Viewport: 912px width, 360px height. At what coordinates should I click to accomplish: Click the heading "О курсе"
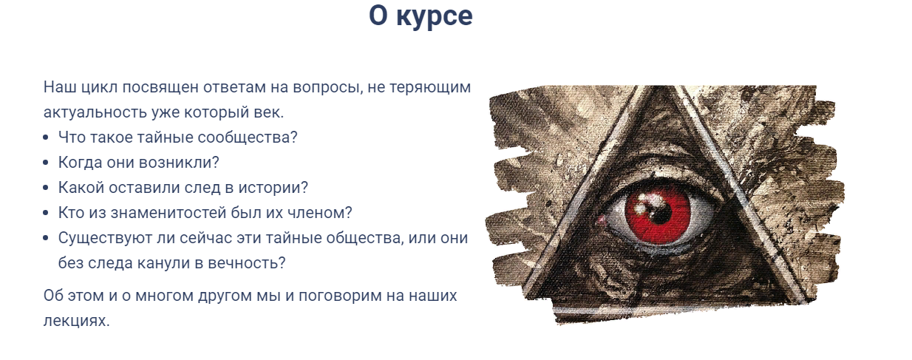coord(421,16)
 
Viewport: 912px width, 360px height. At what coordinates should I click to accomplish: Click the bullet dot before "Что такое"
coord(47,138)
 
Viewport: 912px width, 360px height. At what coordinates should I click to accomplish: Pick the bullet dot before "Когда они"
coord(47,163)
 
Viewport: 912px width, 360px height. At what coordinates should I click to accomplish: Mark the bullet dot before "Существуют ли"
coord(47,239)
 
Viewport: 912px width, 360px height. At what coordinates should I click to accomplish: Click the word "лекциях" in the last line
coord(77,322)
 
